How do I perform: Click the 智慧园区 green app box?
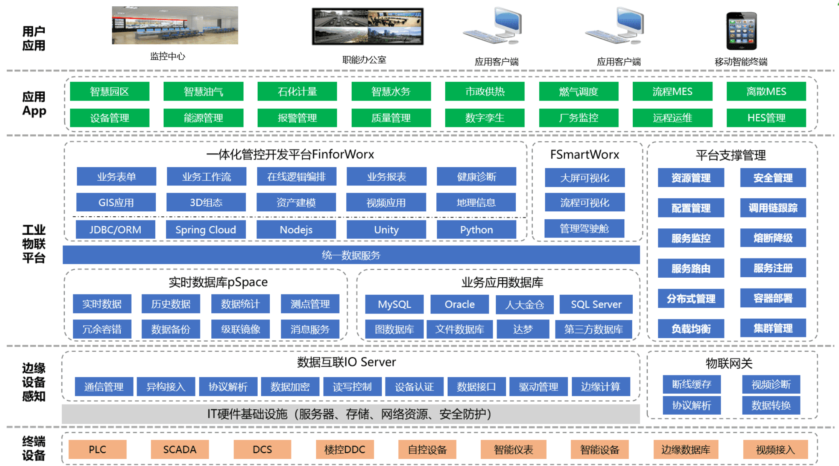109,91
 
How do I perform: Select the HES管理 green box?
766,118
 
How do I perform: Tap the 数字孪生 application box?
484,118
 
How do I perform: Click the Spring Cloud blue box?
205,230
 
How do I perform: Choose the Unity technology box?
386,230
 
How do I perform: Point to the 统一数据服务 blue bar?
351,255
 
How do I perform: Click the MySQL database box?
394,304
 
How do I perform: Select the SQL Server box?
596,304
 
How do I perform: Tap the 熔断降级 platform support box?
773,238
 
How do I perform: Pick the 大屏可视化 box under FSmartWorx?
584,178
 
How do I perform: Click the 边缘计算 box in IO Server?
600,387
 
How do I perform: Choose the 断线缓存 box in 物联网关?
691,384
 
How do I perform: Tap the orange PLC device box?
97,449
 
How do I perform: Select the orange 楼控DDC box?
345,449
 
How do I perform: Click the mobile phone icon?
741,31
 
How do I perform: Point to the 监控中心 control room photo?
175,25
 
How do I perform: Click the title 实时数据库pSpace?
218,282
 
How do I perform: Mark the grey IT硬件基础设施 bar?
350,414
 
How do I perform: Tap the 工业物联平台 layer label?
34,244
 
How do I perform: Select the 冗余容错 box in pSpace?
102,329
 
